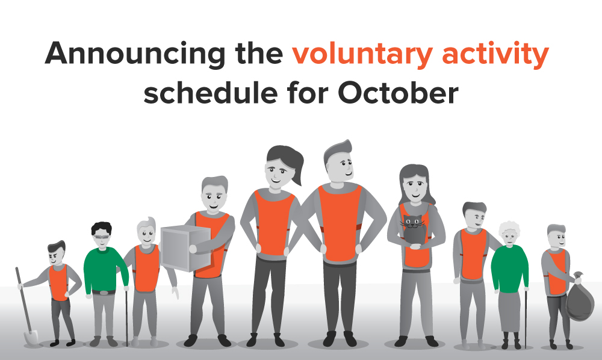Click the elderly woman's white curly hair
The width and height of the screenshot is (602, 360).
click(509, 228)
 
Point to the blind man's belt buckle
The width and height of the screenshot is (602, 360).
click(104, 293)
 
